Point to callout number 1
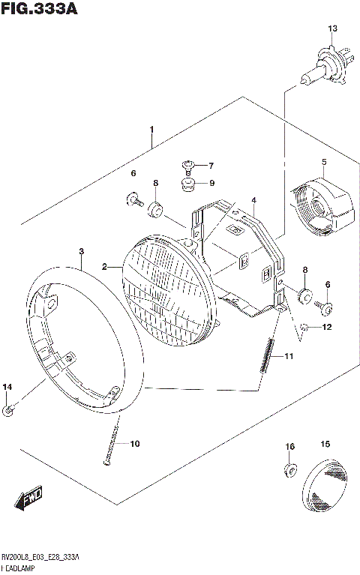[151, 130]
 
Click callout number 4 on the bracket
[254, 200]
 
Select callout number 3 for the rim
[81, 250]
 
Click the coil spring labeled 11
[267, 355]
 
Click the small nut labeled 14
[8, 409]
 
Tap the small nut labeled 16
[289, 471]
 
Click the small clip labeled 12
[305, 327]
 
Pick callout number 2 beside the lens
[105, 266]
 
